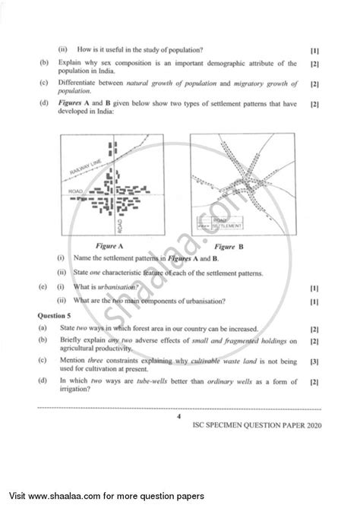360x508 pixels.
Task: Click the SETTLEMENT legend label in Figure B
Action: [226, 226]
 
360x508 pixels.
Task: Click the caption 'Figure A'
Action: [110, 247]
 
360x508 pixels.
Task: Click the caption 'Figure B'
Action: [229, 247]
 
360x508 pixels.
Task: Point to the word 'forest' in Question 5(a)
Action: [159, 328]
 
